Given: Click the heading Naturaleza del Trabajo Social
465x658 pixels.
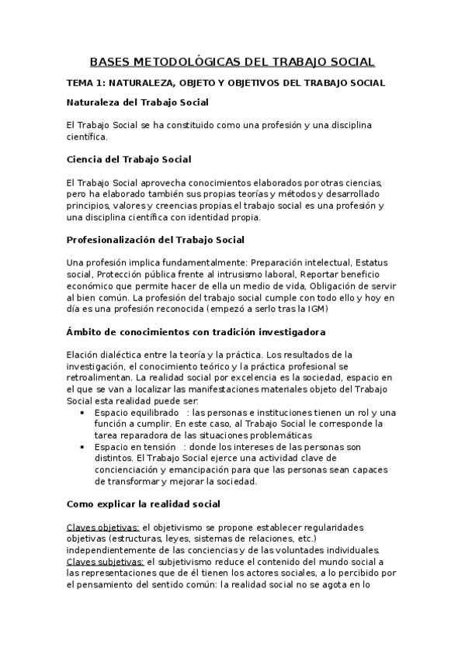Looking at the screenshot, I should pyautogui.click(x=137, y=102).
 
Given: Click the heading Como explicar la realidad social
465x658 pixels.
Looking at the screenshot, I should pyautogui.click(x=144, y=503).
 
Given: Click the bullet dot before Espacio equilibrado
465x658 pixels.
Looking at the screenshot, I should pyautogui.click(x=84, y=412).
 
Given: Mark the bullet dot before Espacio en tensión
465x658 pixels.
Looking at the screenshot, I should pyautogui.click(x=84, y=447).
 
